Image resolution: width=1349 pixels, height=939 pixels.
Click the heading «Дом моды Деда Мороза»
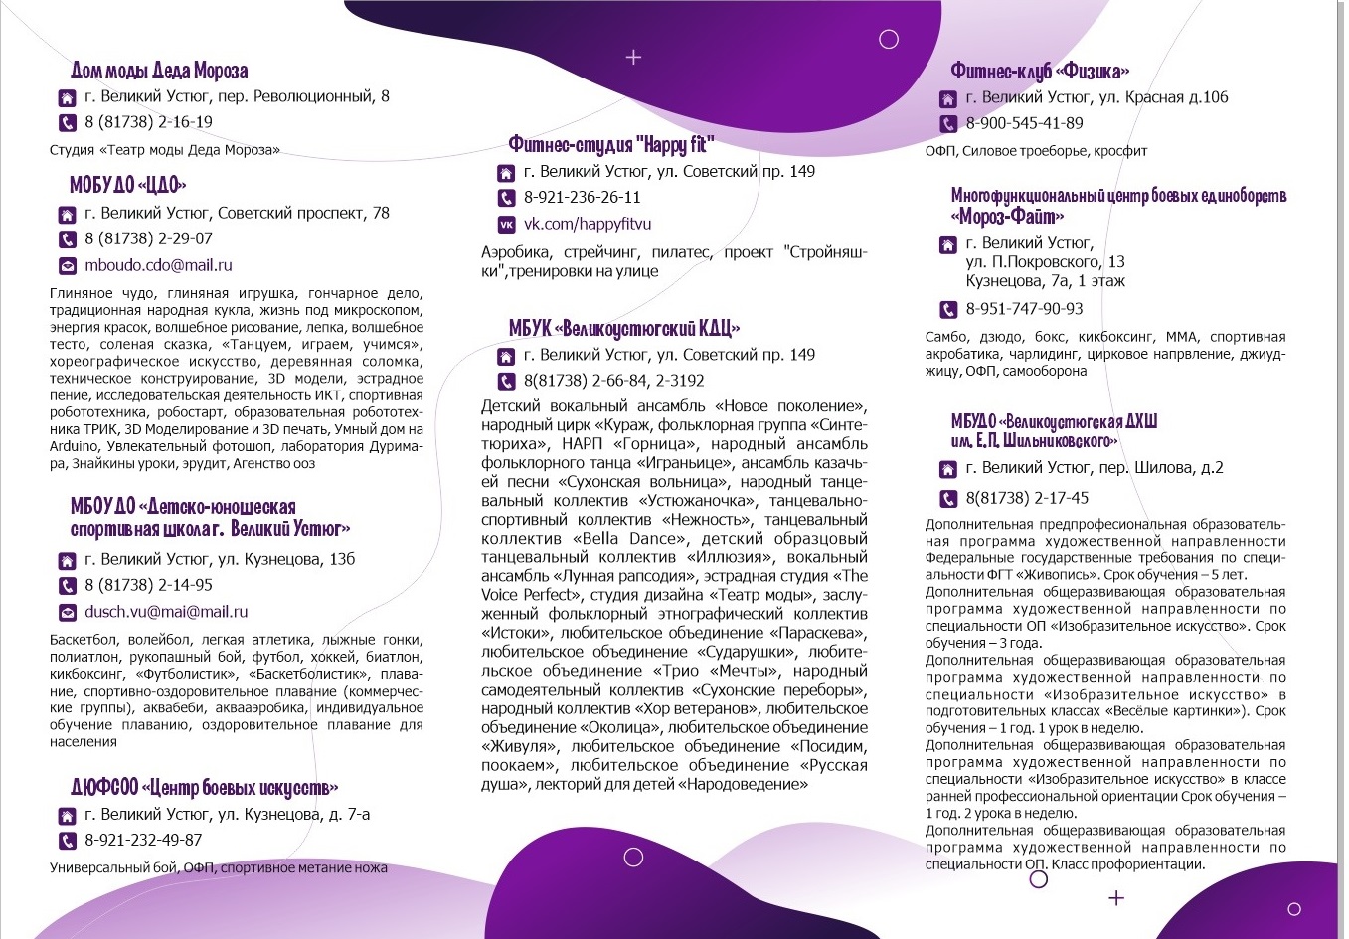[159, 71]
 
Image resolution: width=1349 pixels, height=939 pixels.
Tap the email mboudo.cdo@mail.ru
[158, 265]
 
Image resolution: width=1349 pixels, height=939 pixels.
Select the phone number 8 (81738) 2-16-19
[148, 122]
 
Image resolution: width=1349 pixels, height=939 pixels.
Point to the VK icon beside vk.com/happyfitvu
[506, 225]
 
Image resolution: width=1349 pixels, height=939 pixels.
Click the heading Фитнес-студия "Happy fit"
[610, 145]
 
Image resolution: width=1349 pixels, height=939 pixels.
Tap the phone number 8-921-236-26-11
[582, 197]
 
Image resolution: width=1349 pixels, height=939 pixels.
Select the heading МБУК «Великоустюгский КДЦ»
[623, 328]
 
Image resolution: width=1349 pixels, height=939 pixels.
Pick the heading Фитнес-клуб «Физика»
[1039, 71]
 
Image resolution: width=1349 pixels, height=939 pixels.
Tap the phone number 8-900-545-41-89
[1024, 123]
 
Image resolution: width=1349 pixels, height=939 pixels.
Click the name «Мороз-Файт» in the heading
[1007, 216]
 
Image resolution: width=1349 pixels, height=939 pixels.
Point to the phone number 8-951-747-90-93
[1024, 308]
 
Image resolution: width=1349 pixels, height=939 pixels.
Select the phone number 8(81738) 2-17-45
[1027, 498]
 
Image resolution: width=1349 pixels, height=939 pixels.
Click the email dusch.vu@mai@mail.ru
[166, 612]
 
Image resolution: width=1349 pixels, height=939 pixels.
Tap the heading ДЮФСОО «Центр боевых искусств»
[204, 788]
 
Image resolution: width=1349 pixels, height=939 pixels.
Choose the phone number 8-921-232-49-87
[143, 840]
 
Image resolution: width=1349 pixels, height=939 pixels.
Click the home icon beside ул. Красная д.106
[948, 98]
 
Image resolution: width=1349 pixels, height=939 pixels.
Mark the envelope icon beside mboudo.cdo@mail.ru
[67, 266]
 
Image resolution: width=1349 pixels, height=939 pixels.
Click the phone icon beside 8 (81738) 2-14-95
[67, 586]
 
